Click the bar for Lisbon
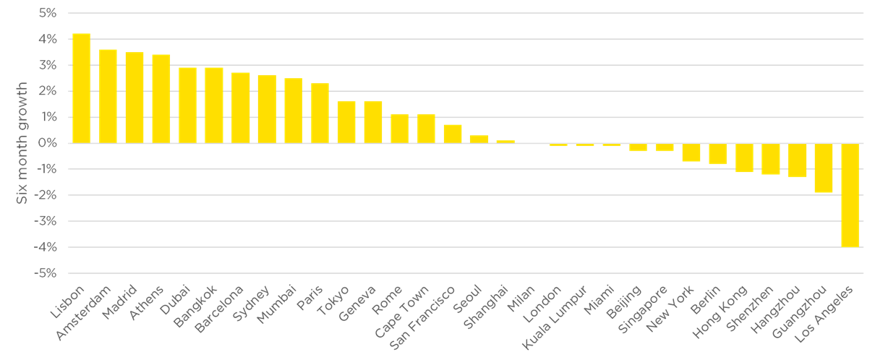81,88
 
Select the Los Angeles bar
850,195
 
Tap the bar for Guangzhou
824,168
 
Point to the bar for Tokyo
346,121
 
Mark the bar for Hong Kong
744,158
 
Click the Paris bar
320,113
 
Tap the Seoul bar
479,139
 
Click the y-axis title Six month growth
22,143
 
